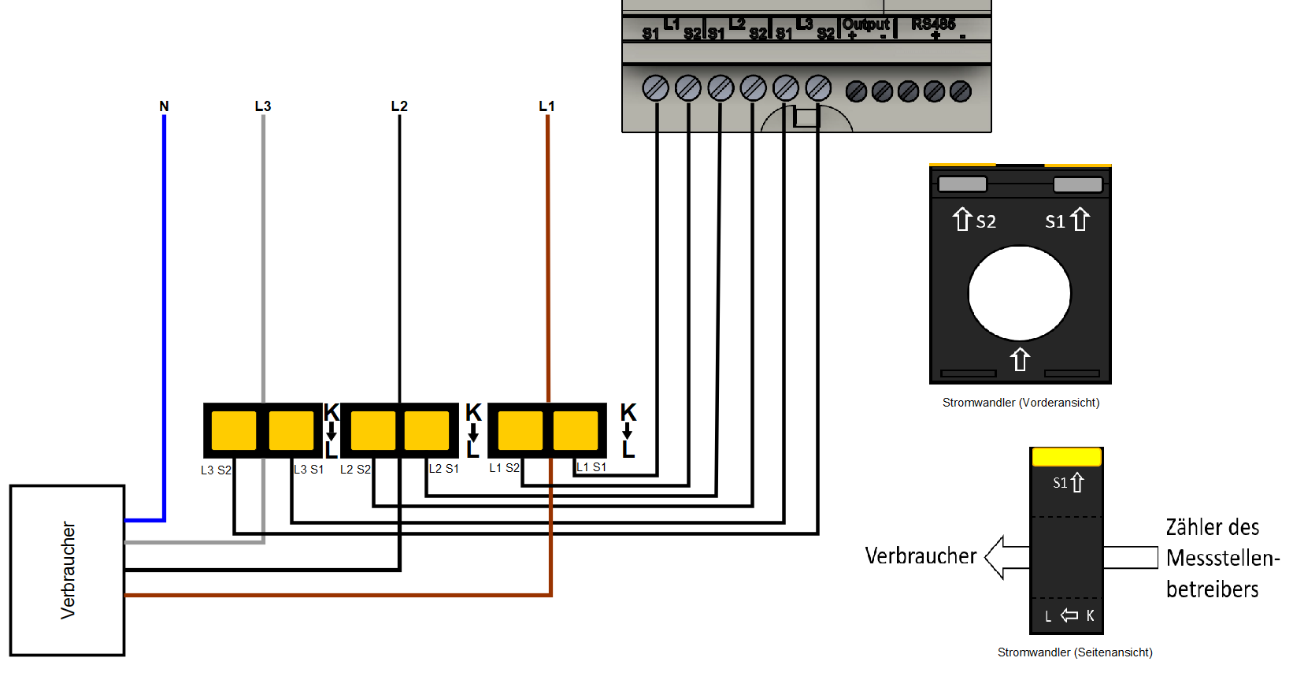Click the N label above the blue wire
click(x=164, y=106)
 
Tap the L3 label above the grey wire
click(x=263, y=106)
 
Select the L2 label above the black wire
click(x=399, y=106)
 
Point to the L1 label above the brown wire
click(x=546, y=106)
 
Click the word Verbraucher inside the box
click(x=69, y=570)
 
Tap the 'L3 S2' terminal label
click(x=216, y=470)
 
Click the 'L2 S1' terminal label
click(x=444, y=469)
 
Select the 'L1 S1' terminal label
click(x=591, y=467)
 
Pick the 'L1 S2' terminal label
click(x=504, y=468)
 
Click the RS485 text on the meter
click(x=933, y=24)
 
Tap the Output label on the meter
click(x=865, y=24)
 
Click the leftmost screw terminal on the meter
click(x=655, y=88)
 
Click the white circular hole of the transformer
click(x=1020, y=293)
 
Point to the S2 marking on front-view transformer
click(x=985, y=221)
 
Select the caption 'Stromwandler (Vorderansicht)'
click(x=1021, y=403)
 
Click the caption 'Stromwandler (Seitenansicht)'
click(x=1075, y=652)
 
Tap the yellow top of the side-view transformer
click(x=1066, y=456)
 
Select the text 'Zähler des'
click(x=1212, y=527)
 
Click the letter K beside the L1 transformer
click(x=628, y=412)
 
